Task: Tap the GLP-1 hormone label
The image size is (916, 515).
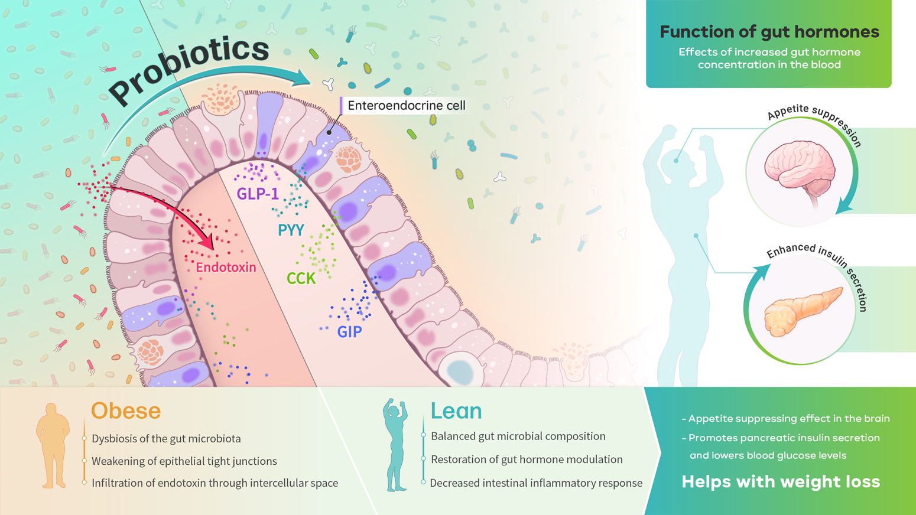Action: point(258,194)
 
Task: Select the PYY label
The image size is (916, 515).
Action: point(291,230)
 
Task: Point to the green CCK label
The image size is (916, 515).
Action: point(301,278)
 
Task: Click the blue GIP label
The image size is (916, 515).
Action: point(350,331)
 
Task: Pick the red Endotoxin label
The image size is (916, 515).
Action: point(226,268)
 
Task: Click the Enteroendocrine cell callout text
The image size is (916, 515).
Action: point(407,106)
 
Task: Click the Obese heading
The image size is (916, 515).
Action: point(125,411)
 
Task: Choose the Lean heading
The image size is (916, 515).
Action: point(456,411)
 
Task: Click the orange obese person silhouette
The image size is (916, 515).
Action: point(53,445)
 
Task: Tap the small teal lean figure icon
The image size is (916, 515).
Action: point(395,445)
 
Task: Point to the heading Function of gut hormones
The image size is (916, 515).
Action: point(769,32)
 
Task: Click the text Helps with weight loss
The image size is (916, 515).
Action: point(781,482)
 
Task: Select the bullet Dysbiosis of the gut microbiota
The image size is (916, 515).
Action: point(167,439)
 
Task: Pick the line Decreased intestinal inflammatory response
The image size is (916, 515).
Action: point(536,483)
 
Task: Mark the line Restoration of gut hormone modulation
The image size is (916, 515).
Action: point(527,459)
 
